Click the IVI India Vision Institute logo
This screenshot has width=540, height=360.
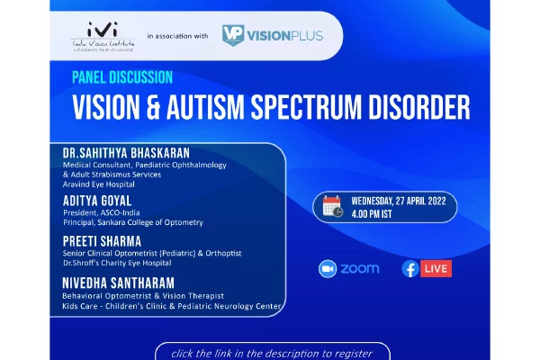103,37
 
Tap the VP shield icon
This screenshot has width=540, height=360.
233,35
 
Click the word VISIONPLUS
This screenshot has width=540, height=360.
285,36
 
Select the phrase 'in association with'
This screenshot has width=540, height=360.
177,36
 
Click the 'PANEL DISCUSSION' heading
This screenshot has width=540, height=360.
122,77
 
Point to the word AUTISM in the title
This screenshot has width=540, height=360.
205,107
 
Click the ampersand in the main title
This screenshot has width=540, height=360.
153,107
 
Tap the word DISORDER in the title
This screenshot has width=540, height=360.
419,107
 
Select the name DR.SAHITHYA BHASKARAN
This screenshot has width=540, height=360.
126,153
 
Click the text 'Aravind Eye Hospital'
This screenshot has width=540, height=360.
98,184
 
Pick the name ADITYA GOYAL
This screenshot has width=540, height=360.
97,201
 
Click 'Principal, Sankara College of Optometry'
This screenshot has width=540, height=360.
133,222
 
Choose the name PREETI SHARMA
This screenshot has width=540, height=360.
102,241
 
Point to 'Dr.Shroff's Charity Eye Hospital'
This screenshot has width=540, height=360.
117,263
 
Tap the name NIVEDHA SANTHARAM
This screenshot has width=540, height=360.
118,283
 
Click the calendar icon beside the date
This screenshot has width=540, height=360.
333,206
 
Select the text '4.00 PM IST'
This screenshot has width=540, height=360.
372,214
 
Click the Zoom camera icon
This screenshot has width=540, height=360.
328,269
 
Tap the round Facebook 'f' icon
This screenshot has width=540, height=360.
410,269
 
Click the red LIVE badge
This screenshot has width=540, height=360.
436,269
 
